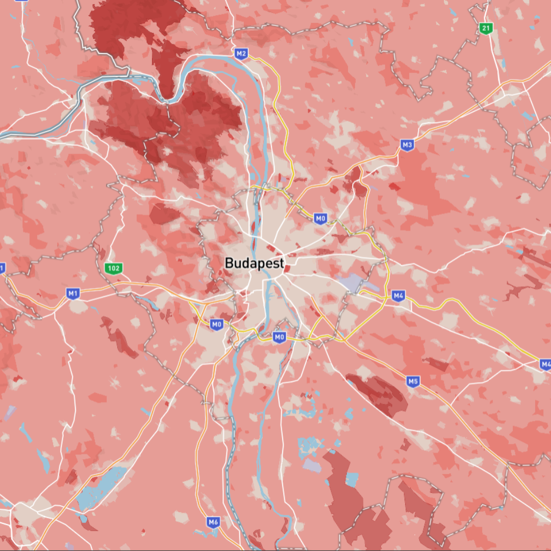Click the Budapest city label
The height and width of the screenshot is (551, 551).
pyautogui.click(x=255, y=263)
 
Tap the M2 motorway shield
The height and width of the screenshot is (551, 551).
pyautogui.click(x=241, y=53)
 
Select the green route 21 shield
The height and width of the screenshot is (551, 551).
pyautogui.click(x=486, y=29)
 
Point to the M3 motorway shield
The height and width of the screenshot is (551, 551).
pyautogui.click(x=407, y=145)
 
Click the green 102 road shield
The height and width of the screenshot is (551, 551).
pyautogui.click(x=113, y=268)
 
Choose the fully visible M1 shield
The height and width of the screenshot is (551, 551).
pyautogui.click(x=73, y=293)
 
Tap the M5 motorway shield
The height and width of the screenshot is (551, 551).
pyautogui.click(x=413, y=381)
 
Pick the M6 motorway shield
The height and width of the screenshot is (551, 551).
pyautogui.click(x=213, y=522)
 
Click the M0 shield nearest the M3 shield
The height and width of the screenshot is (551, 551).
pyautogui.click(x=320, y=219)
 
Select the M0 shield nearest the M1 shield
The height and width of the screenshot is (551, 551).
pyautogui.click(x=217, y=324)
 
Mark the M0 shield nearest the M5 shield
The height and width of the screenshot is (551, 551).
pyautogui.click(x=279, y=337)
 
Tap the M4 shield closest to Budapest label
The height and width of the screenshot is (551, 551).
pyautogui.click(x=398, y=295)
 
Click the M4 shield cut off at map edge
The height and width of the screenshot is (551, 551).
pyautogui.click(x=545, y=364)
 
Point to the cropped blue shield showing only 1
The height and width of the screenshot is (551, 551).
pyautogui.click(x=2, y=268)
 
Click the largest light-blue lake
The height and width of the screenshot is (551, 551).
pyautogui.click(x=102, y=487)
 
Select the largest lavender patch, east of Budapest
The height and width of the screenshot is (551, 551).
pyautogui.click(x=349, y=282)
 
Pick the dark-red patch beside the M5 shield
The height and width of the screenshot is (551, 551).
pyautogui.click(x=380, y=394)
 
